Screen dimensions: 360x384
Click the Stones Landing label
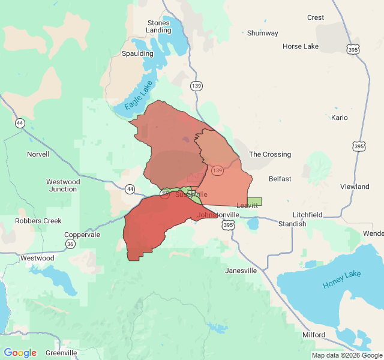click(158, 26)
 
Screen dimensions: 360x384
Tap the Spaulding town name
click(137, 53)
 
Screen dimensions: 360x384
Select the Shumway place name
click(263, 33)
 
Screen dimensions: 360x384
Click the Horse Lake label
click(301, 46)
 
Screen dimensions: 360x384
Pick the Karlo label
click(339, 118)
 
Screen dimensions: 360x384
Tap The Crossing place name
click(270, 154)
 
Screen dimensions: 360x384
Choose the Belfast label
click(280, 179)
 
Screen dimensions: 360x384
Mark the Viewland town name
click(355, 187)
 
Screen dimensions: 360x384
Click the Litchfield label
click(308, 215)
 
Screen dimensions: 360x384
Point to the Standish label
click(292, 224)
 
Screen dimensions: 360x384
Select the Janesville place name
click(241, 271)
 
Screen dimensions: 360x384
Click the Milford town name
click(314, 335)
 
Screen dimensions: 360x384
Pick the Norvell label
click(38, 154)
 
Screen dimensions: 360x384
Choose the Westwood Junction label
click(63, 185)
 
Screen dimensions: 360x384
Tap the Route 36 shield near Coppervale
click(71, 244)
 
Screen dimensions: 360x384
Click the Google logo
click(20, 353)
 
